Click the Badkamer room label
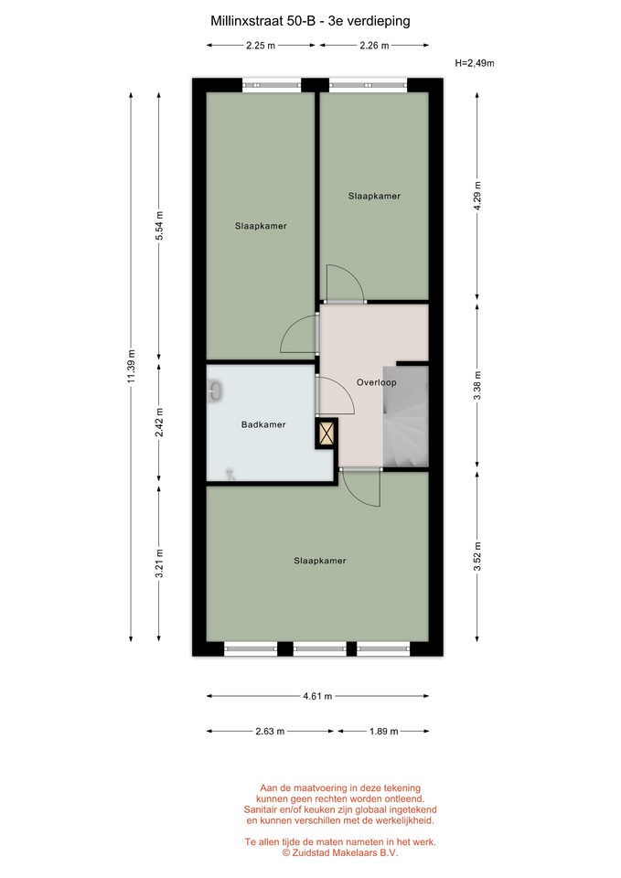pos(263,424)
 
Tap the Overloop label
pos(376,382)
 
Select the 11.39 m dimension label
pos(131,367)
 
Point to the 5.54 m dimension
pos(159,226)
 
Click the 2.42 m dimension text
pos(159,423)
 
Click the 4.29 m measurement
pos(477,196)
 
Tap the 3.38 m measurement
pos(477,386)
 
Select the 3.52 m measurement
pos(477,556)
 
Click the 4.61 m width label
pos(317,696)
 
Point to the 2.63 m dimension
pos(270,731)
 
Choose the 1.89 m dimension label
pos(383,731)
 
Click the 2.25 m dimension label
pos(261,46)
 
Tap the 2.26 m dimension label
pos(374,46)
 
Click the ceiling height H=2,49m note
pos(475,63)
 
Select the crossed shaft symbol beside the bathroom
pos(327,434)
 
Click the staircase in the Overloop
pos(405,417)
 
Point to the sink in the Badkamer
pos(215,391)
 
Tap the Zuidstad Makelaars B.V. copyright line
pos(340,852)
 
